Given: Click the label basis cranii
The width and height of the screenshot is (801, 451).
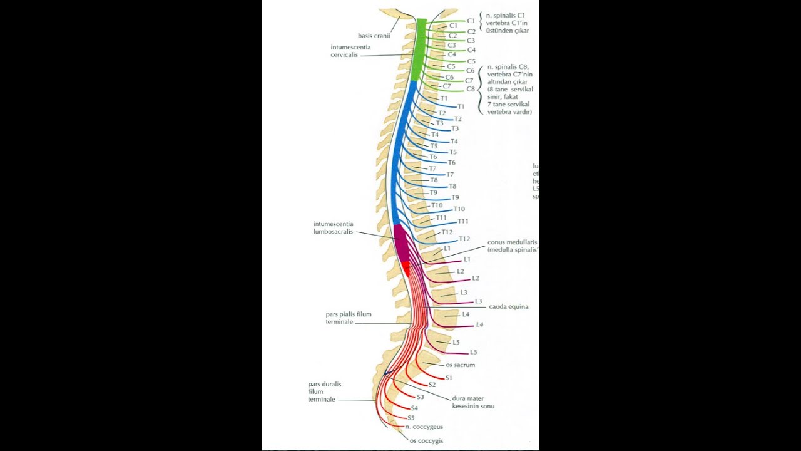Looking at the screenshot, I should pyautogui.click(x=374, y=36).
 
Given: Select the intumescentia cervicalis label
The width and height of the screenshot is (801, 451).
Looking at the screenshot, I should pyautogui.click(x=350, y=51).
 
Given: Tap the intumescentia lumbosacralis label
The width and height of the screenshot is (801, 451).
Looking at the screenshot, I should pyautogui.click(x=334, y=227).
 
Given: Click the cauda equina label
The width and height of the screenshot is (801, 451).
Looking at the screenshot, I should pyautogui.click(x=509, y=307).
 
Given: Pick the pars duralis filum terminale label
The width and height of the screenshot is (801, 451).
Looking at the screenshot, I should pyautogui.click(x=324, y=391).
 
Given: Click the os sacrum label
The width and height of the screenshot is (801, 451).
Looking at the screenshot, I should pyautogui.click(x=460, y=365).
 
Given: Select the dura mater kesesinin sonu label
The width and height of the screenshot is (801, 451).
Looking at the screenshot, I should pyautogui.click(x=473, y=402).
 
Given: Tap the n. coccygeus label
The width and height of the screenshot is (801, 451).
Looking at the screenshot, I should pyautogui.click(x=424, y=427).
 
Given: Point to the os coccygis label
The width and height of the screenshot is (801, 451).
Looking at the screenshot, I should pyautogui.click(x=426, y=441).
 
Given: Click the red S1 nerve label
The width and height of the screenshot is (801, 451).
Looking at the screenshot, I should pyautogui.click(x=449, y=378).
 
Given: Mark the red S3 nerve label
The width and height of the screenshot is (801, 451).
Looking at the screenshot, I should pyautogui.click(x=421, y=397).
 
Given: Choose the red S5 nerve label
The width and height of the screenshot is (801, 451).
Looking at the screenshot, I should pyautogui.click(x=411, y=418).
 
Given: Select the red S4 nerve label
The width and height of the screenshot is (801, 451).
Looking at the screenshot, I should pyautogui.click(x=414, y=408).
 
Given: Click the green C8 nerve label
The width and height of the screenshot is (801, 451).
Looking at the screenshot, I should pyautogui.click(x=471, y=89).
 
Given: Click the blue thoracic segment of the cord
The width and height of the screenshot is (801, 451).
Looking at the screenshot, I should pyautogui.click(x=396, y=157).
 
